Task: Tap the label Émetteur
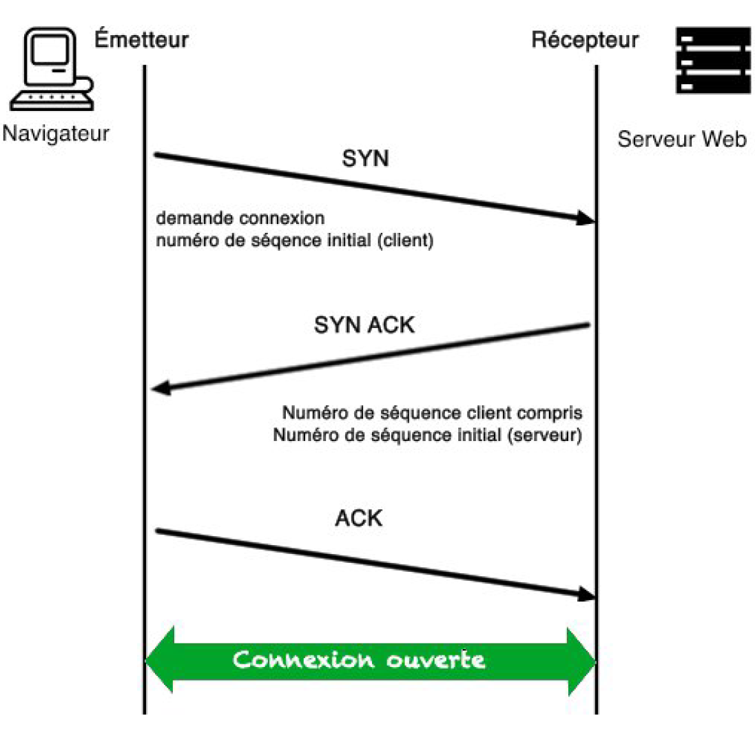click(x=142, y=40)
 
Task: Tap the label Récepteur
click(x=585, y=40)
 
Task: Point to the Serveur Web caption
click(x=681, y=140)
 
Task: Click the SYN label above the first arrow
click(x=365, y=159)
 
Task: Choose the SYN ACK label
click(x=364, y=324)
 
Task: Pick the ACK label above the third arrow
click(x=359, y=517)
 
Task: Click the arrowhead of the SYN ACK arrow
click(x=161, y=389)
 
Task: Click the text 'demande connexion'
click(x=240, y=219)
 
